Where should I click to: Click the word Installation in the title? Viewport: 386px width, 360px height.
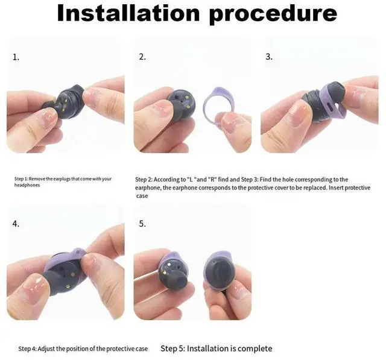[128, 13]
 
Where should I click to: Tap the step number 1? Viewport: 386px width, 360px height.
[16, 57]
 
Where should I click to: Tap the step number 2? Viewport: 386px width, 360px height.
[142, 57]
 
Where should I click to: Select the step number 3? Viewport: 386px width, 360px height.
[269, 57]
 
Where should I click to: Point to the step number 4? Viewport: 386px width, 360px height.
[16, 224]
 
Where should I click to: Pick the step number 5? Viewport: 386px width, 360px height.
[142, 224]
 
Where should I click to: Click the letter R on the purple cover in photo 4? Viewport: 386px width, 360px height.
[78, 253]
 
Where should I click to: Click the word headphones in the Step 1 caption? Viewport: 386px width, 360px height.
[27, 185]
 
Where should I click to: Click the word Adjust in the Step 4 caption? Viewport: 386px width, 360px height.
[46, 349]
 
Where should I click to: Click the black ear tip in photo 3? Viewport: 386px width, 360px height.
[336, 93]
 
